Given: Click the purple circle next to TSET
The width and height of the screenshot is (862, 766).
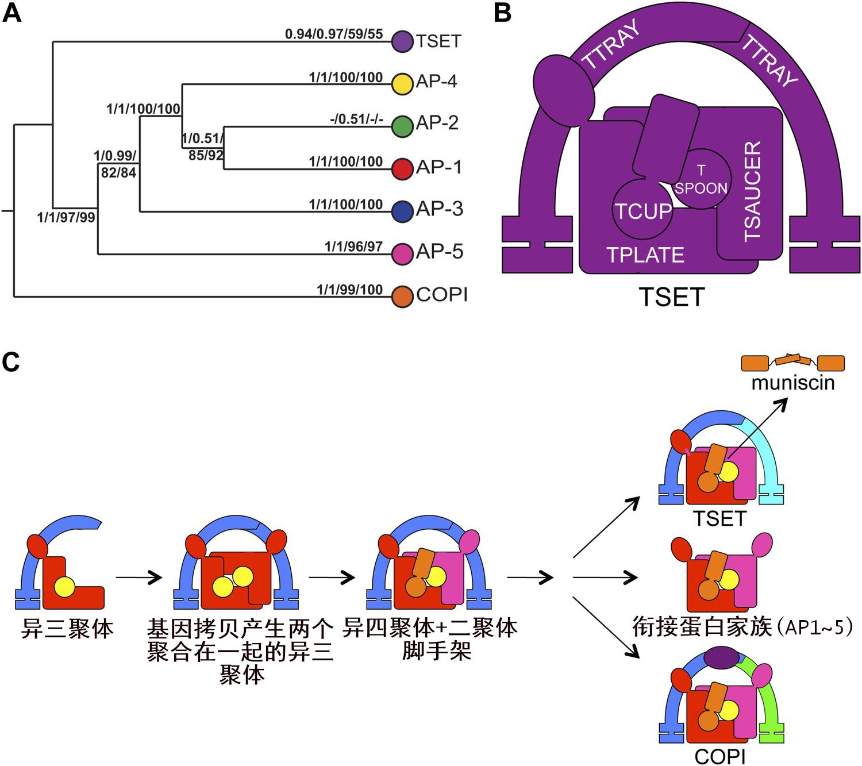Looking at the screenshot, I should pyautogui.click(x=402, y=42).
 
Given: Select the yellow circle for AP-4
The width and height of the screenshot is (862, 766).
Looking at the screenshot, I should pyautogui.click(x=402, y=83).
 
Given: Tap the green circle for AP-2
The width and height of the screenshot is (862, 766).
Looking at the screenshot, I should pyautogui.click(x=402, y=126).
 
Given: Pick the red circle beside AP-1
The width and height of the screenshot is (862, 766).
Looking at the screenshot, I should pyautogui.click(x=402, y=169).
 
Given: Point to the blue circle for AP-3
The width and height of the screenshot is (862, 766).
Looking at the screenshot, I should pyautogui.click(x=402, y=211).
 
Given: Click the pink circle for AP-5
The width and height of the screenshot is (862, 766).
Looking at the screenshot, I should pyautogui.click(x=402, y=253).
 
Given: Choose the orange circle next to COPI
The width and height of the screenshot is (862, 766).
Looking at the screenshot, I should pyautogui.click(x=402, y=297).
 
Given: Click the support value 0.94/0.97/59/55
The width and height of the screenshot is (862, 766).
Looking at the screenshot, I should pyautogui.click(x=333, y=34).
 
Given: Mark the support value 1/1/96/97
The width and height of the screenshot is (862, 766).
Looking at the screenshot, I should pyautogui.click(x=353, y=247).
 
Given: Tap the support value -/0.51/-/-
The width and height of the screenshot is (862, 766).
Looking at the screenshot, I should pyautogui.click(x=356, y=119).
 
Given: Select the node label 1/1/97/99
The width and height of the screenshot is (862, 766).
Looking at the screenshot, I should pyautogui.click(x=66, y=217).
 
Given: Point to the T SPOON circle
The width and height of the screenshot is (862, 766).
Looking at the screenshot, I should pyautogui.click(x=701, y=179).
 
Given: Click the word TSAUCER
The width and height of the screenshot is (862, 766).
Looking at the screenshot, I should pyautogui.click(x=752, y=191).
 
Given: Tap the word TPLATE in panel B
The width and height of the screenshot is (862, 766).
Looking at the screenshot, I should pyautogui.click(x=645, y=255).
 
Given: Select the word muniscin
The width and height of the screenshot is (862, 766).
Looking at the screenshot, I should pyautogui.click(x=793, y=383).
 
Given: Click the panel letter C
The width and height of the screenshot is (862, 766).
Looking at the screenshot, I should pyautogui.click(x=11, y=363).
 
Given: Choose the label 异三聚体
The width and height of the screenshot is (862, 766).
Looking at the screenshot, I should pyautogui.click(x=67, y=628).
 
